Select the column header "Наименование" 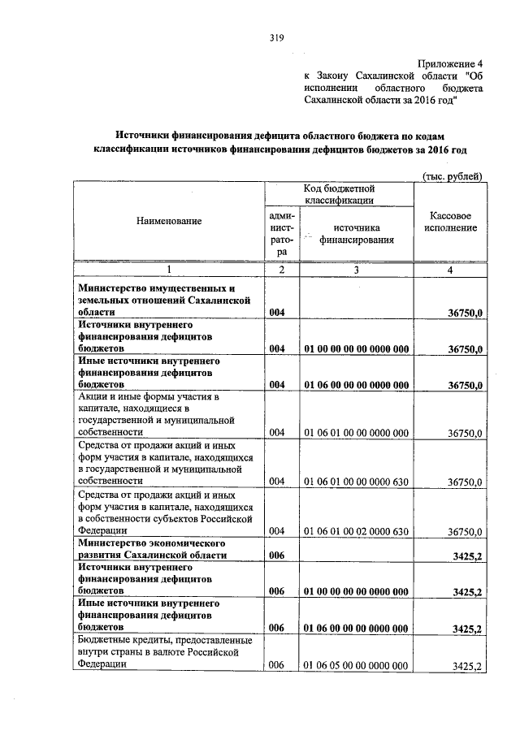[169, 221]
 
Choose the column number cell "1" [169, 270]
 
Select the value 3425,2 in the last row [467, 666]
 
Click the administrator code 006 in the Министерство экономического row [277, 555]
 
